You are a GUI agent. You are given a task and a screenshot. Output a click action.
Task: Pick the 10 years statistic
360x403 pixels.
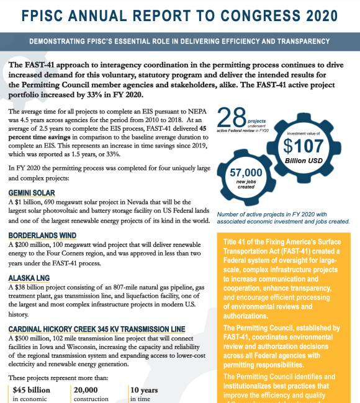click(145, 390)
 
